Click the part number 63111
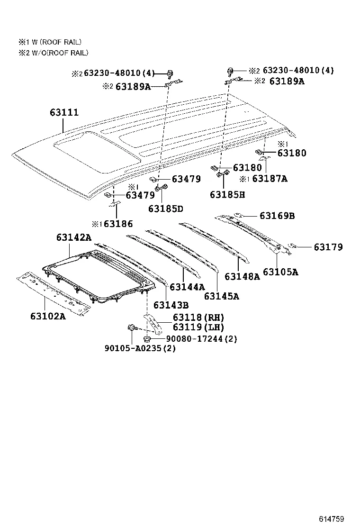coord(64,113)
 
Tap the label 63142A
coord(74,237)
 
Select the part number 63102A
coord(48,316)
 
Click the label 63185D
coord(165,209)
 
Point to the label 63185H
coord(227,194)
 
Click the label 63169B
coord(277,216)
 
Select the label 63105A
coord(280,272)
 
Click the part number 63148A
coord(242,276)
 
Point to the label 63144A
coord(187,287)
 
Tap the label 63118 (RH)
coord(198,318)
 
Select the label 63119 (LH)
coord(198,327)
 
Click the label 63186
coord(118,224)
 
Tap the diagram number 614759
coord(330,518)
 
